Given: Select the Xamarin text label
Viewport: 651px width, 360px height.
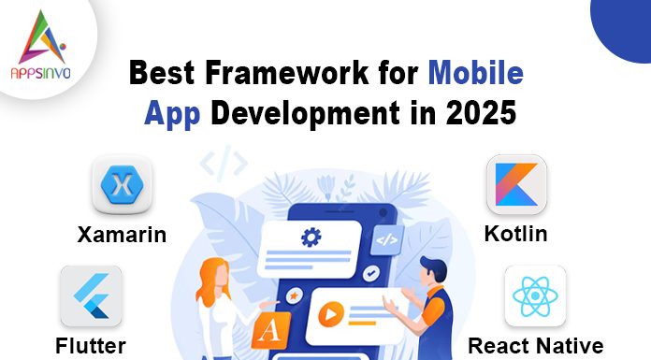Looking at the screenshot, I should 122,234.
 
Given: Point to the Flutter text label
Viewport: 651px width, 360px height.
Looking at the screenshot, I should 91,346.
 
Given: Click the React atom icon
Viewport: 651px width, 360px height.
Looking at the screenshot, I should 534,295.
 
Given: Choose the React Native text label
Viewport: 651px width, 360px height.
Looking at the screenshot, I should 535,346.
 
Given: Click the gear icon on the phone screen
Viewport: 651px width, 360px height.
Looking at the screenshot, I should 311,238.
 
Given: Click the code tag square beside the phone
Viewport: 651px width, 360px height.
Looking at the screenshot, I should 385,239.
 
